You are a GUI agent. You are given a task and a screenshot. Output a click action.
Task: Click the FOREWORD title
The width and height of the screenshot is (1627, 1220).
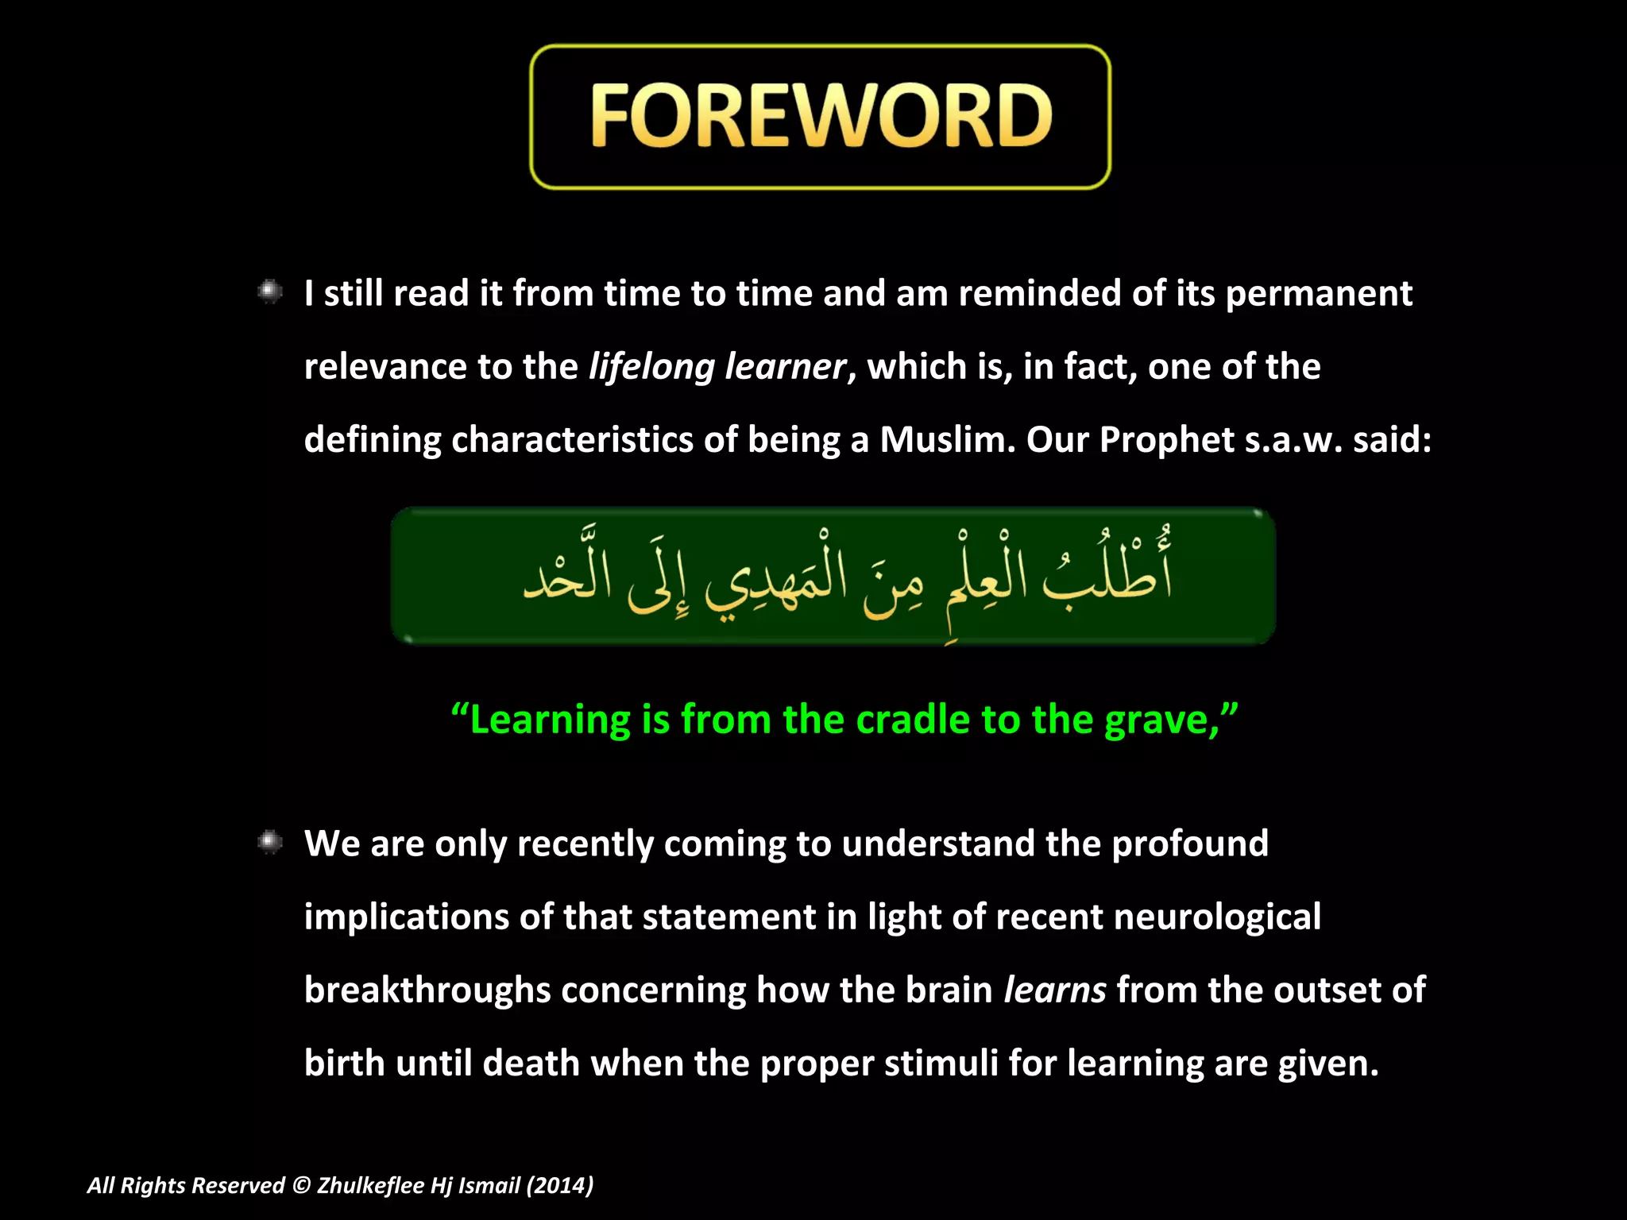pyautogui.click(x=821, y=117)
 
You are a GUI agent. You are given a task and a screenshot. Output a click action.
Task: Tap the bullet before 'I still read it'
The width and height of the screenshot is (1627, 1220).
pyautogui.click(x=270, y=292)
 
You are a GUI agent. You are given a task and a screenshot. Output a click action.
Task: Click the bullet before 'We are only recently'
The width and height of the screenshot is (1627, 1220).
pyautogui.click(x=270, y=842)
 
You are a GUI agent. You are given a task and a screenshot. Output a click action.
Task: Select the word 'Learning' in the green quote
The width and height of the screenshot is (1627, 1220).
pyautogui.click(x=550, y=720)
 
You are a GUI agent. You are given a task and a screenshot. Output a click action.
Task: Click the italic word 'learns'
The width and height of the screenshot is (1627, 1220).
pyautogui.click(x=1054, y=990)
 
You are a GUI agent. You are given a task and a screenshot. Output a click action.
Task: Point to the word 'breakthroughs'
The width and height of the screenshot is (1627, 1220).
pyautogui.click(x=427, y=990)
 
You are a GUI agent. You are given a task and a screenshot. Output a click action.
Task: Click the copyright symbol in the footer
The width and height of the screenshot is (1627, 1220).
pyautogui.click(x=300, y=1185)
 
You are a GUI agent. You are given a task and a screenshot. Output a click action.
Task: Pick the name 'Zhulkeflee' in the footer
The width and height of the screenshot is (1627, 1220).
pyautogui.click(x=370, y=1185)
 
